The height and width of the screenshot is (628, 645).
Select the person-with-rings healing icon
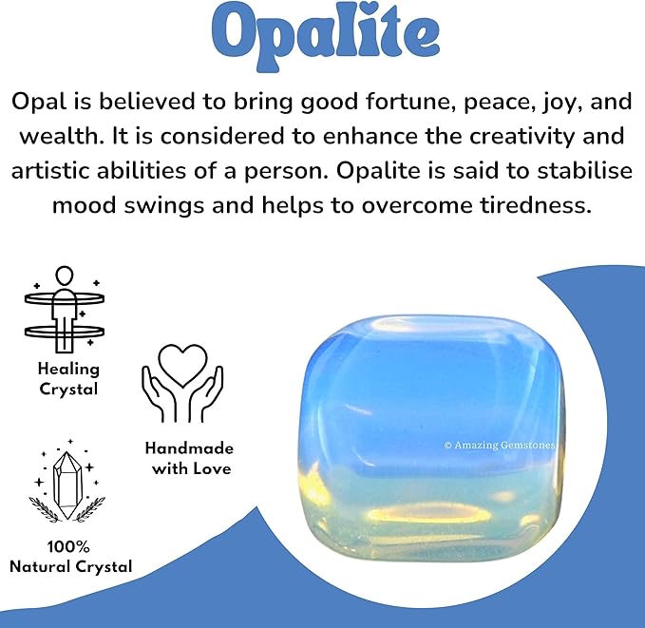coord(65,306)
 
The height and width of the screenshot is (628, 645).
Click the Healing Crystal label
coord(67,378)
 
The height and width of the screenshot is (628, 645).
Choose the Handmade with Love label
coord(188,458)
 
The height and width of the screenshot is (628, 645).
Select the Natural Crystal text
coord(70,567)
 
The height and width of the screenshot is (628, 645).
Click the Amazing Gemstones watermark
coord(501,444)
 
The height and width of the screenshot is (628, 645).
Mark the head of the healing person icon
coord(65,276)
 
